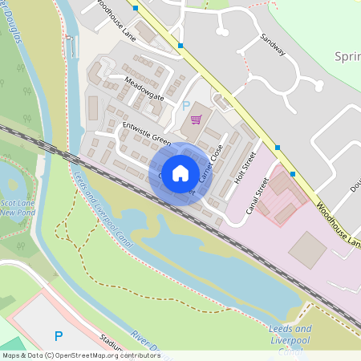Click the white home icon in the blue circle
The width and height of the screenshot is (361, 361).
click(180, 172)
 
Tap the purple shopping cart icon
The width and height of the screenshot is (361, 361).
click(197, 120)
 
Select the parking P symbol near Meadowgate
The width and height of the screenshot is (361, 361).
click(186, 105)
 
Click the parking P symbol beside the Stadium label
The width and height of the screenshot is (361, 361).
click(57, 335)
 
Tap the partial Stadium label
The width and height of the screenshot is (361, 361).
click(109, 343)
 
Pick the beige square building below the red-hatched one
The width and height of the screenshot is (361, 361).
click(307, 250)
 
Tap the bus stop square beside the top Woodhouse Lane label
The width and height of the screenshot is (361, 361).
click(136, 8)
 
